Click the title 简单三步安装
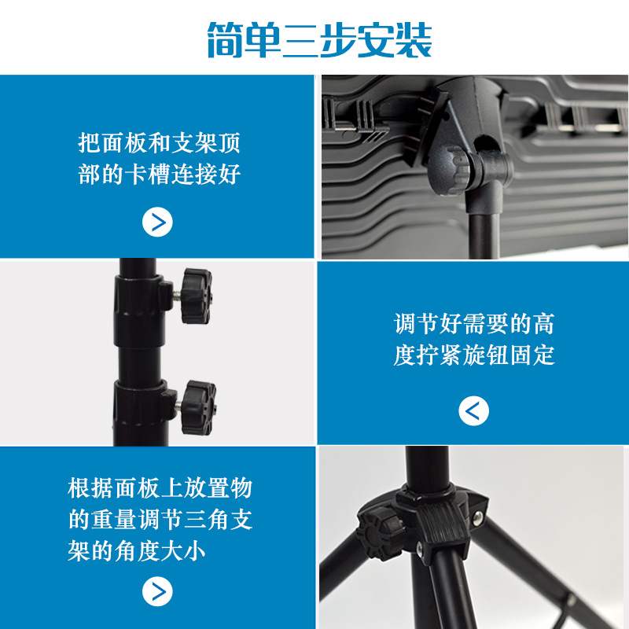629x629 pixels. (320, 39)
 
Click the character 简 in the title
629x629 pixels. (225, 39)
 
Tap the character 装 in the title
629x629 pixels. (414, 39)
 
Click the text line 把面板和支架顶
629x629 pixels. (160, 143)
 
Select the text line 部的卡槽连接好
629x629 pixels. (160, 174)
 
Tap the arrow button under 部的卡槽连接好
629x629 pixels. (157, 222)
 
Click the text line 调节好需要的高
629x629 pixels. (474, 324)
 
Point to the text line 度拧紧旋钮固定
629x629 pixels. (474, 355)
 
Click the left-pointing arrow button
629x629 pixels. (474, 410)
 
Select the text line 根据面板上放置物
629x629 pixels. (160, 488)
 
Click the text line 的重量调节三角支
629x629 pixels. (160, 520)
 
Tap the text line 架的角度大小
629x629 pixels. (136, 551)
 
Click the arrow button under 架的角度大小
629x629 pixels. (157, 591)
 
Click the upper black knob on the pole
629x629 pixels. (196, 296)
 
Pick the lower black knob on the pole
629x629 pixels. (198, 407)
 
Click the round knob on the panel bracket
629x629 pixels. (448, 170)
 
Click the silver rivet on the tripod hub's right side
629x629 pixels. (477, 517)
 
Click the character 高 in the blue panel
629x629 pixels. (544, 324)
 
